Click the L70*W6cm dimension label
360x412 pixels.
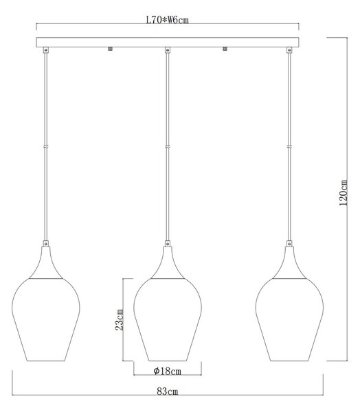pos(167,20)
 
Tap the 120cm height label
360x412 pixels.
pos(344,193)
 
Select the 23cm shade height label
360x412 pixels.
pos(119,319)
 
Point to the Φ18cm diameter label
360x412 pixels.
pos(168,371)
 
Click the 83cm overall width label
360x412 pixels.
pos(168,391)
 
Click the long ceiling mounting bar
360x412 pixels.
pos(168,43)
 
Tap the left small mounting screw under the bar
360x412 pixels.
pos(111,49)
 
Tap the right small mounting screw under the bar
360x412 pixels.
pos(225,49)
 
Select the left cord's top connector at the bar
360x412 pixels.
pos(46,50)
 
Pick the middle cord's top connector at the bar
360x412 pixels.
pos(168,50)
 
